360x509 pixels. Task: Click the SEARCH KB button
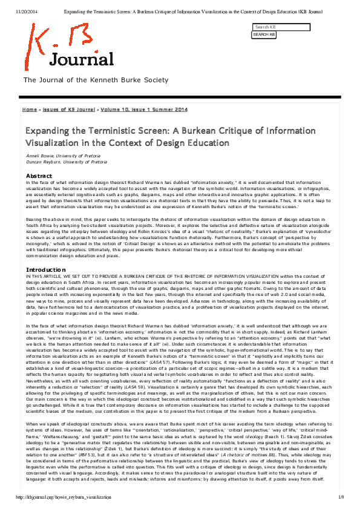click(x=264, y=34)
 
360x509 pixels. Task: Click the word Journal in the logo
click(x=81, y=59)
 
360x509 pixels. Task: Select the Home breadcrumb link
click(x=29, y=110)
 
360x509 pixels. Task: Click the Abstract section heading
click(x=38, y=176)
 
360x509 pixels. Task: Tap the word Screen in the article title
click(x=156, y=130)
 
